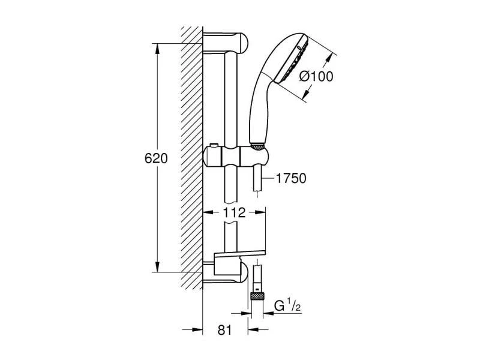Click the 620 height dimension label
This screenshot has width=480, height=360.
[155, 159]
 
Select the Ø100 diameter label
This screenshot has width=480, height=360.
[315, 76]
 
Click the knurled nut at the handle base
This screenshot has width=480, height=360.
[257, 145]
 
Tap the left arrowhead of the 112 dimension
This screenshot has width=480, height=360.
[208, 212]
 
